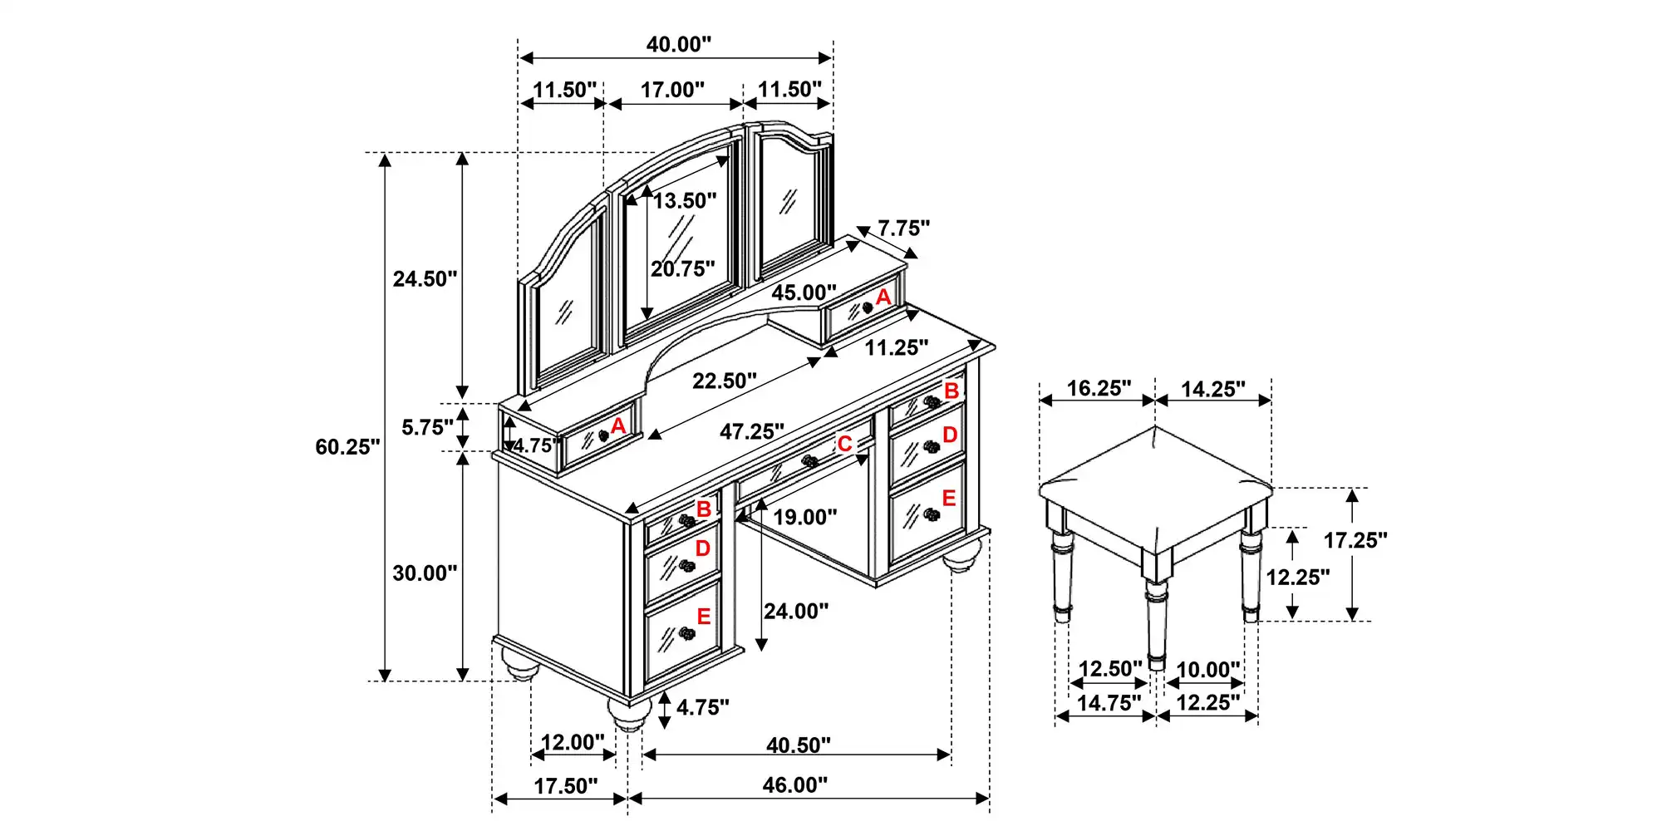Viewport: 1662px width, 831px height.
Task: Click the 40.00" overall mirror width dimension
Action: point(679,45)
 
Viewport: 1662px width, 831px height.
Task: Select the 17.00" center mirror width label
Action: point(672,90)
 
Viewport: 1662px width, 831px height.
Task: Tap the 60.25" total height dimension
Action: point(347,447)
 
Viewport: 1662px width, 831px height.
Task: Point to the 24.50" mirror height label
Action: point(425,279)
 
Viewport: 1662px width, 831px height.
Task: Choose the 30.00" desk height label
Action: point(425,573)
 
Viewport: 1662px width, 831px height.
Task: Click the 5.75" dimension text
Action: point(427,428)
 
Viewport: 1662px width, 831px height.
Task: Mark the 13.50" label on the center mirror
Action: point(684,201)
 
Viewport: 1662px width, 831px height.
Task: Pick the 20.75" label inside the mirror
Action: point(682,269)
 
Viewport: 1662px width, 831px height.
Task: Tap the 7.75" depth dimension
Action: point(903,229)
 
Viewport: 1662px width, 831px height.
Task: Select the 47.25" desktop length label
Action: point(752,432)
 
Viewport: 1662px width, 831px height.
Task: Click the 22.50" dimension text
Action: point(725,381)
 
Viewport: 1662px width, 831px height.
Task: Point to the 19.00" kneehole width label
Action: point(804,518)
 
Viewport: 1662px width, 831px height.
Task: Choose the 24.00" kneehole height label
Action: point(796,612)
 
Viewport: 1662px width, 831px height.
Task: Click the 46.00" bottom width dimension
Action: point(795,785)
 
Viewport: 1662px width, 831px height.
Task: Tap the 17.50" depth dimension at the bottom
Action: point(565,786)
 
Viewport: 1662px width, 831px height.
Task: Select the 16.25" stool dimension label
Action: point(1099,389)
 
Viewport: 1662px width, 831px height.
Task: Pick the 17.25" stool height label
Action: point(1355,541)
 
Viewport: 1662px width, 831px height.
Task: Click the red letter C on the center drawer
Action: point(844,445)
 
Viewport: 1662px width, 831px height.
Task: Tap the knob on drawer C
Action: point(809,461)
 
